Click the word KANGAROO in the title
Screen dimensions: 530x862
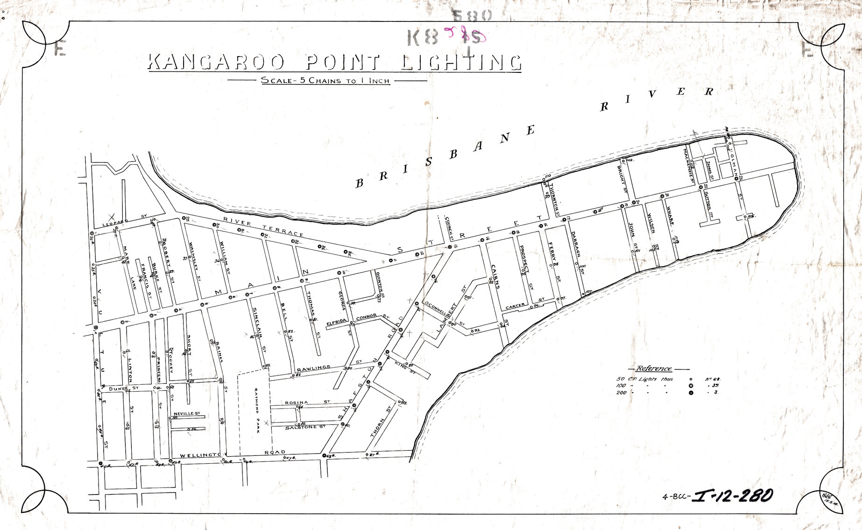coord(218,62)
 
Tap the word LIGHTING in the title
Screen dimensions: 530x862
coord(461,62)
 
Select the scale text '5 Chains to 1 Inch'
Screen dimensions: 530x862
coord(325,80)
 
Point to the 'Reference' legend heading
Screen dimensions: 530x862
coord(654,368)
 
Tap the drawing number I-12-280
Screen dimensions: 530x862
coord(733,496)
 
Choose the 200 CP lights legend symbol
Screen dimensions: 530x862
coord(691,393)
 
